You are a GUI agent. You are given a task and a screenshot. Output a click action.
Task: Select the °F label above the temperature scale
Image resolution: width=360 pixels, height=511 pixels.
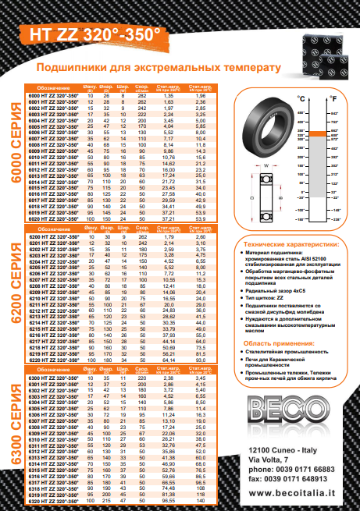point(333,99)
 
